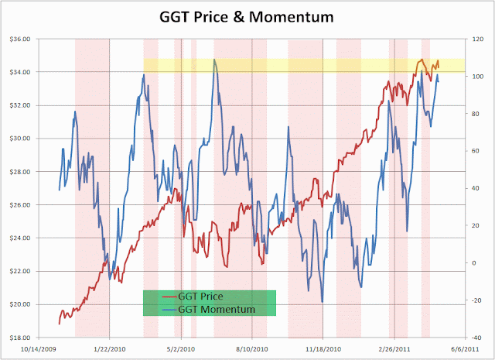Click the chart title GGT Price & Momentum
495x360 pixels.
[x=248, y=16]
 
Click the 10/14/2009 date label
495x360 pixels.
[x=37, y=349]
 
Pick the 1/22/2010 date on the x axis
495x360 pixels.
[x=109, y=349]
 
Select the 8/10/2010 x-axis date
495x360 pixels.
[x=251, y=349]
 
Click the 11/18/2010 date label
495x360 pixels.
[x=323, y=349]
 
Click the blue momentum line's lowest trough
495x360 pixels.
[x=322, y=302]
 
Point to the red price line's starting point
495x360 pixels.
[x=59, y=323]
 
